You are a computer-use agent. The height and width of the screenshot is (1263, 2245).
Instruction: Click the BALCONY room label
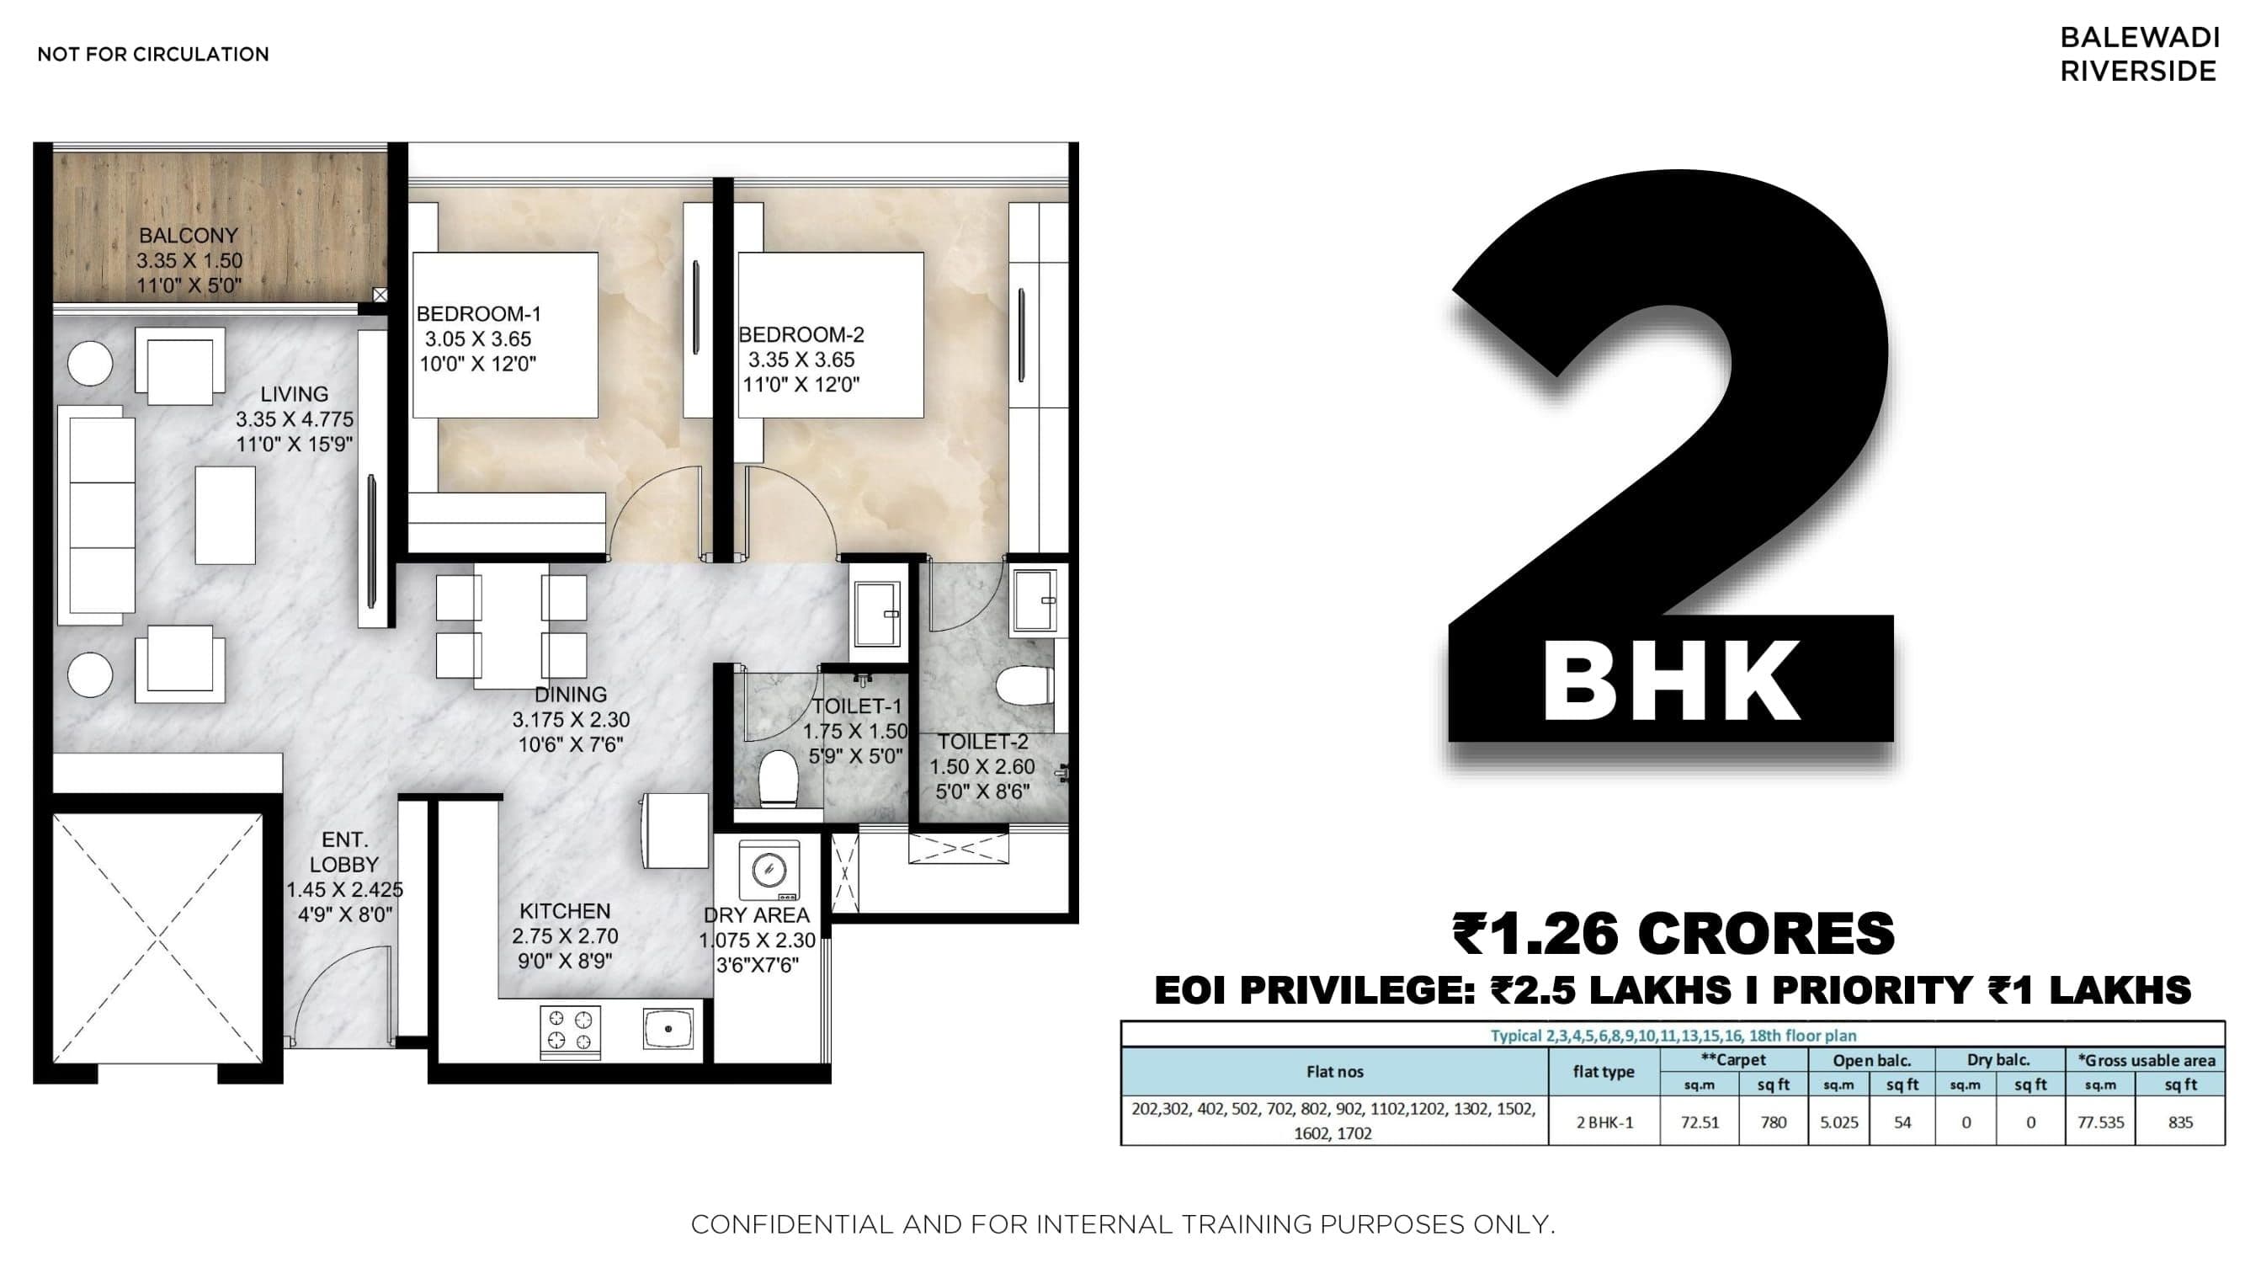pyautogui.click(x=189, y=236)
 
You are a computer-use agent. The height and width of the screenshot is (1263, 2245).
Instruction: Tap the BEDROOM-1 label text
pyautogui.click(x=478, y=314)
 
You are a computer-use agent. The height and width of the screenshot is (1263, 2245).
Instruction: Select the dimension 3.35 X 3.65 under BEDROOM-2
pyautogui.click(x=801, y=360)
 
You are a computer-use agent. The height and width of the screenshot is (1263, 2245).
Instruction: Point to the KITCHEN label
pyautogui.click(x=565, y=911)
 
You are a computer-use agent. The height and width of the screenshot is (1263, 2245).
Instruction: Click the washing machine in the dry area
pyautogui.click(x=769, y=870)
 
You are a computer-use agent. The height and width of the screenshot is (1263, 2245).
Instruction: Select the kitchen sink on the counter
pyautogui.click(x=668, y=1029)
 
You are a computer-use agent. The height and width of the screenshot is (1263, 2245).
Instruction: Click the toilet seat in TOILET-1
pyautogui.click(x=779, y=778)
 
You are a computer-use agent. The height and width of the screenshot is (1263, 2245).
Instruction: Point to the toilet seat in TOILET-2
pyautogui.click(x=1025, y=686)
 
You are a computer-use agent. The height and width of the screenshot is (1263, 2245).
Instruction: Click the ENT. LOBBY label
pyautogui.click(x=344, y=852)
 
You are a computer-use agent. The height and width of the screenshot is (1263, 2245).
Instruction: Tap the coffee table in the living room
pyautogui.click(x=225, y=514)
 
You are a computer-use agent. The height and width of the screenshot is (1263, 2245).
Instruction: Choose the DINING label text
pyautogui.click(x=570, y=695)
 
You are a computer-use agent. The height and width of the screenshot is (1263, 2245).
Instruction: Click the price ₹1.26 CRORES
pyautogui.click(x=1673, y=934)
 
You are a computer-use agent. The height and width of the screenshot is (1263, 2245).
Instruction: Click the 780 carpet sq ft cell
pyautogui.click(x=1773, y=1122)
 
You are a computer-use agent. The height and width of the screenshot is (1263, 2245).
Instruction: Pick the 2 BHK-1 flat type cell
pyautogui.click(x=1604, y=1122)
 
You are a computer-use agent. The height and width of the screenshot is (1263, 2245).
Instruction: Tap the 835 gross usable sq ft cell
pyautogui.click(x=2179, y=1122)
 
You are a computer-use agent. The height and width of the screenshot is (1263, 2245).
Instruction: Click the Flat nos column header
pyautogui.click(x=1334, y=1072)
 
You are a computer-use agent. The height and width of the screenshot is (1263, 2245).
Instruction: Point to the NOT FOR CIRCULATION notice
pyautogui.click(x=152, y=54)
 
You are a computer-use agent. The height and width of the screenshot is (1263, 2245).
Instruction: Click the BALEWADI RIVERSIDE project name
pyautogui.click(x=2138, y=54)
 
